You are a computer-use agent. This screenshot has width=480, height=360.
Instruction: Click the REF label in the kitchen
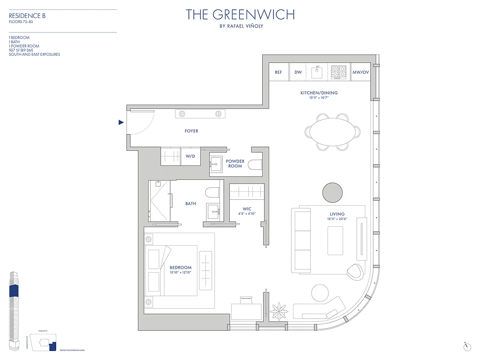(x=278, y=72)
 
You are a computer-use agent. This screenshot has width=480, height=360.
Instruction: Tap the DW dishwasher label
(x=298, y=72)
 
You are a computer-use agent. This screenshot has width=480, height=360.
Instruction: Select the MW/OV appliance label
(x=360, y=72)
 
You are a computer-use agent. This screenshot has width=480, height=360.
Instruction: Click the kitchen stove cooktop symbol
(x=339, y=72)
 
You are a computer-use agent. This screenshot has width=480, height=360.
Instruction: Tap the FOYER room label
(x=191, y=131)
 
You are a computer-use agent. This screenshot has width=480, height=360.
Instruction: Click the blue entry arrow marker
(x=121, y=122)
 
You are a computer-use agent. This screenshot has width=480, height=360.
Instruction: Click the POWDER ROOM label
(x=235, y=164)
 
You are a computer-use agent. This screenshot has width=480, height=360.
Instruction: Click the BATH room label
(x=191, y=204)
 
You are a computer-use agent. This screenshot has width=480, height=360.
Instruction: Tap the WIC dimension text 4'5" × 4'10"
(x=247, y=214)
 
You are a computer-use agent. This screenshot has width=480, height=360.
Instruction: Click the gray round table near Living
(x=332, y=192)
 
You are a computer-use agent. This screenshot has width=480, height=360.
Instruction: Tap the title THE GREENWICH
(x=240, y=15)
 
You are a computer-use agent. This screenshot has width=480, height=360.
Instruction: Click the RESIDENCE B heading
(x=27, y=16)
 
